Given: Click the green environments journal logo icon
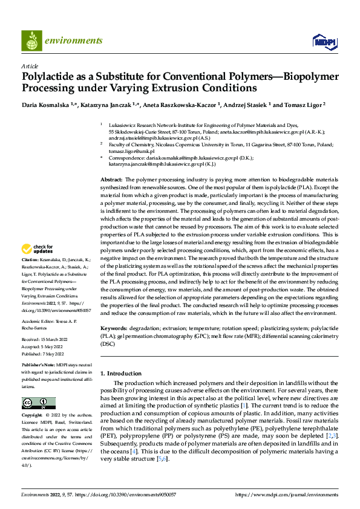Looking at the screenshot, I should coord(31,41).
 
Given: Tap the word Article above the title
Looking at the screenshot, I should coord(30,66).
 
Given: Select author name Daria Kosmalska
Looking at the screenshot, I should coord(45,105).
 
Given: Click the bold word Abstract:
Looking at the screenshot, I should coord(111,180).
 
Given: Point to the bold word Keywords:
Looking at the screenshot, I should coord(113,328).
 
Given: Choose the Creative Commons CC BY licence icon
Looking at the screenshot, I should coord(38,403).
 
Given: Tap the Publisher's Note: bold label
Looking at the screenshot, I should coord(40,366).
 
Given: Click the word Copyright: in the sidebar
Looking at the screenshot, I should coord(32,416).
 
